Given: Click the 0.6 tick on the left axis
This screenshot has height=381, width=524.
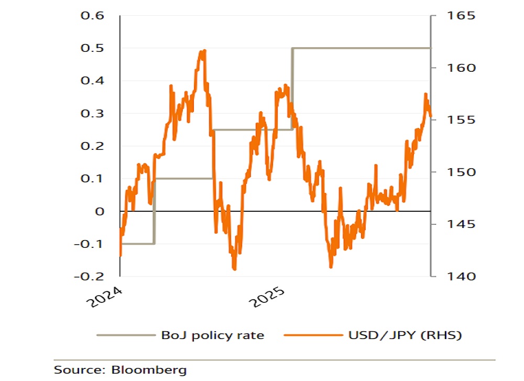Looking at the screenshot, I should click(x=92, y=16).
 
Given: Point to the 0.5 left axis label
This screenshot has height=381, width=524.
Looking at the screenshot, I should click(x=92, y=48).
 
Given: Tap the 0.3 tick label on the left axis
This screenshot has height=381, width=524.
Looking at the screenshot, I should click(x=92, y=113).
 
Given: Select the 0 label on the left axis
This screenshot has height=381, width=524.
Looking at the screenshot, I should click(x=99, y=211).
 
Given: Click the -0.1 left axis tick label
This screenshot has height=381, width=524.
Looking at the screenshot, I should click(x=90, y=244).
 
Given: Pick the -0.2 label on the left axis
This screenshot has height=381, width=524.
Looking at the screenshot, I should click(x=90, y=276).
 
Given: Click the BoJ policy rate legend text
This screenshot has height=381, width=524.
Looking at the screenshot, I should click(x=213, y=335).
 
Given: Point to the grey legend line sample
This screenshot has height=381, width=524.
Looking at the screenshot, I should click(x=126, y=335).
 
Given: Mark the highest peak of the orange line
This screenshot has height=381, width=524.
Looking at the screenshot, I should click(x=203, y=50).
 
